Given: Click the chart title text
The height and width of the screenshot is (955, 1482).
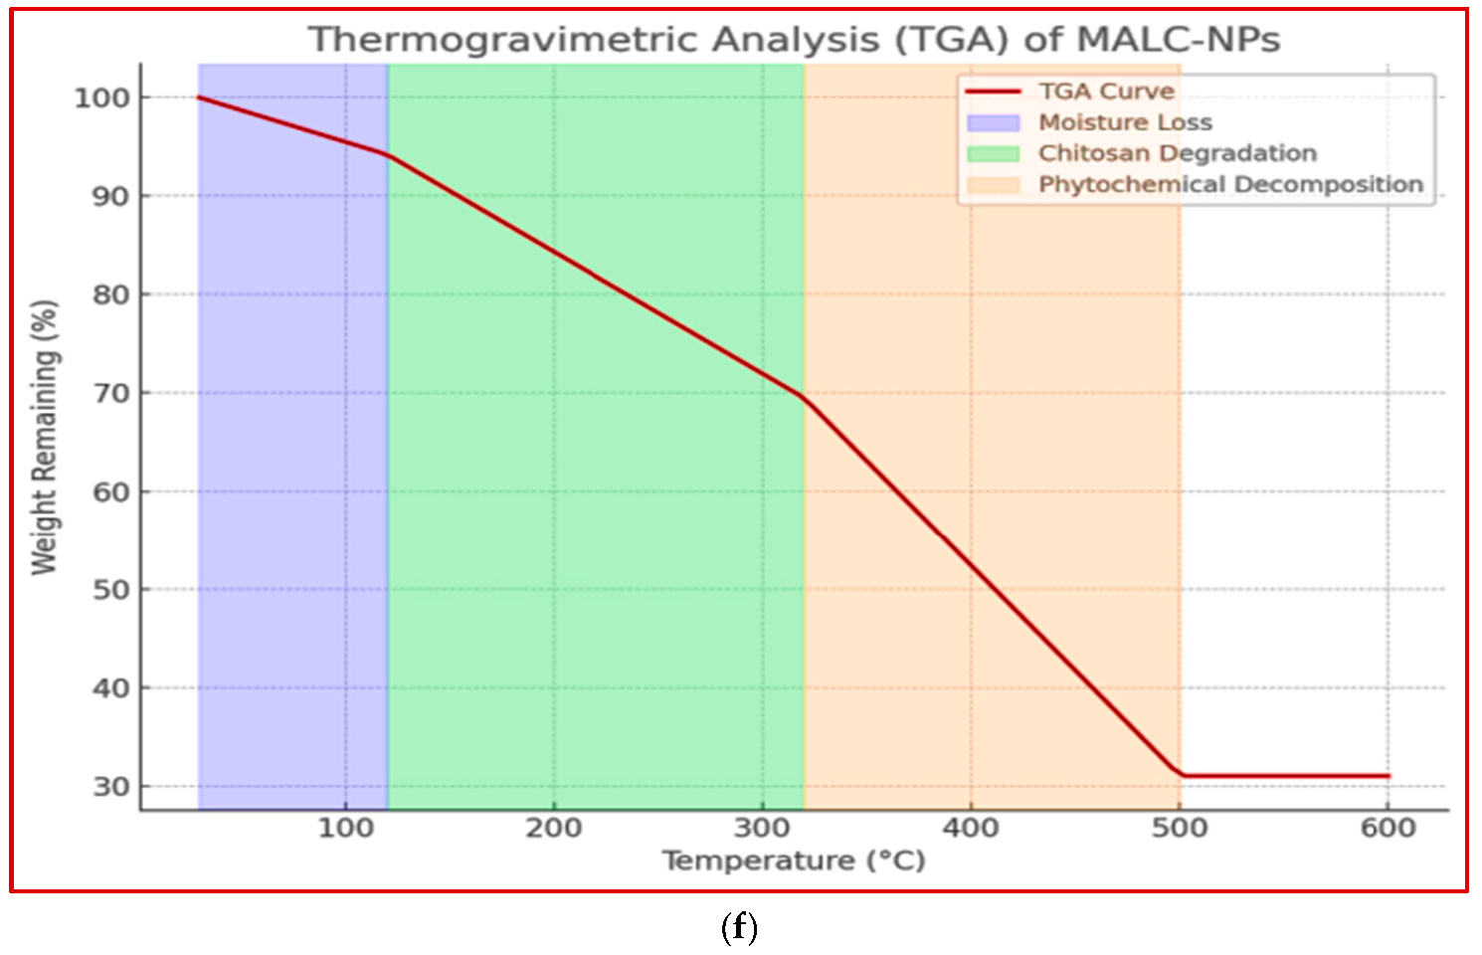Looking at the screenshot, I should point(794,40).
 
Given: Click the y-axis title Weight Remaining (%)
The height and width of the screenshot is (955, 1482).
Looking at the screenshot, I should point(45,438).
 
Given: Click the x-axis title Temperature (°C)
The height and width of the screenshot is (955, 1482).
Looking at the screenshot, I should point(794,860).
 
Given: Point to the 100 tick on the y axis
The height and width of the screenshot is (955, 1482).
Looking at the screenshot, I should point(102,97).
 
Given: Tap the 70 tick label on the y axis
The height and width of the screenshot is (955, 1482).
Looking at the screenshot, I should point(111,393).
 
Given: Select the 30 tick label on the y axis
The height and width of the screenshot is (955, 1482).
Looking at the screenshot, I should point(111,787).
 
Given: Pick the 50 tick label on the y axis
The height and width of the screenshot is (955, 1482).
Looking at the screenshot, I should point(111,590).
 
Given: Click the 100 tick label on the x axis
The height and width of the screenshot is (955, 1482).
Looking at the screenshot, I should point(345,828).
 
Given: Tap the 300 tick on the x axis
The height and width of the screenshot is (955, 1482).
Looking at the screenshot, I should point(763,828).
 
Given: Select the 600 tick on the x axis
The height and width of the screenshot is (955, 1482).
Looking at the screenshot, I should point(1389,828).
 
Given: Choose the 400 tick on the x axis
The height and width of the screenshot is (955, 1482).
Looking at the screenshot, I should point(971,828).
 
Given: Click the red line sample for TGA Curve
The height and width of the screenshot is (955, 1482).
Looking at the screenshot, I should point(993,92).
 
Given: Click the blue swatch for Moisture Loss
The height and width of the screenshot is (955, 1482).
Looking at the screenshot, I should point(993,123).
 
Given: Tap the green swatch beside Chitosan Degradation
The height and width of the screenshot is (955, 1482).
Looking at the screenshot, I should point(993,154).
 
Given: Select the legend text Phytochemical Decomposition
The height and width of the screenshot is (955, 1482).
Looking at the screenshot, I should point(1230,185).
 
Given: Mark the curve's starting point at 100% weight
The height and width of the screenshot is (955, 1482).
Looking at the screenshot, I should point(199,97).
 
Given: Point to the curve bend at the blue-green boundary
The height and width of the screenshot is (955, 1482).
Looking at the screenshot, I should point(387,154).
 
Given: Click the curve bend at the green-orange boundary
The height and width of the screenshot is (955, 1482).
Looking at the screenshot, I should point(804,397).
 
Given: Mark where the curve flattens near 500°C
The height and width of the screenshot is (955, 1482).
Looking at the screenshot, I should point(1181,775).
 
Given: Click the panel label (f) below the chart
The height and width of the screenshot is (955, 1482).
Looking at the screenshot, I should point(739,928).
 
